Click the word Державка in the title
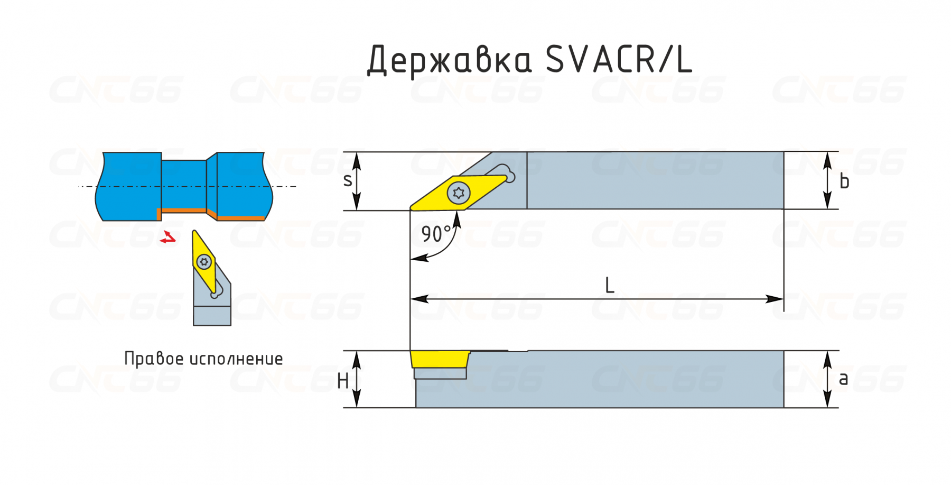click(x=449, y=59)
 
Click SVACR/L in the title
click(x=618, y=59)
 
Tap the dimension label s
click(x=347, y=181)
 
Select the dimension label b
click(x=844, y=181)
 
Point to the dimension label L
click(x=609, y=286)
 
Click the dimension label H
click(x=342, y=381)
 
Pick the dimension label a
click(x=843, y=379)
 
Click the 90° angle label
click(x=436, y=234)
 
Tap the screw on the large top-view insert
click(x=458, y=193)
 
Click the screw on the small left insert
click(x=204, y=261)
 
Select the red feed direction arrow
click(x=168, y=238)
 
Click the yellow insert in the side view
click(x=440, y=359)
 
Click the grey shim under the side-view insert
click(x=440, y=373)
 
